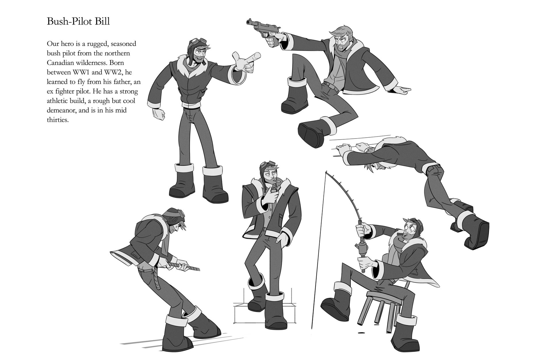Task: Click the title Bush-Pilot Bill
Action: click(x=78, y=22)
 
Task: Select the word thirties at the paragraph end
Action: click(x=57, y=120)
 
